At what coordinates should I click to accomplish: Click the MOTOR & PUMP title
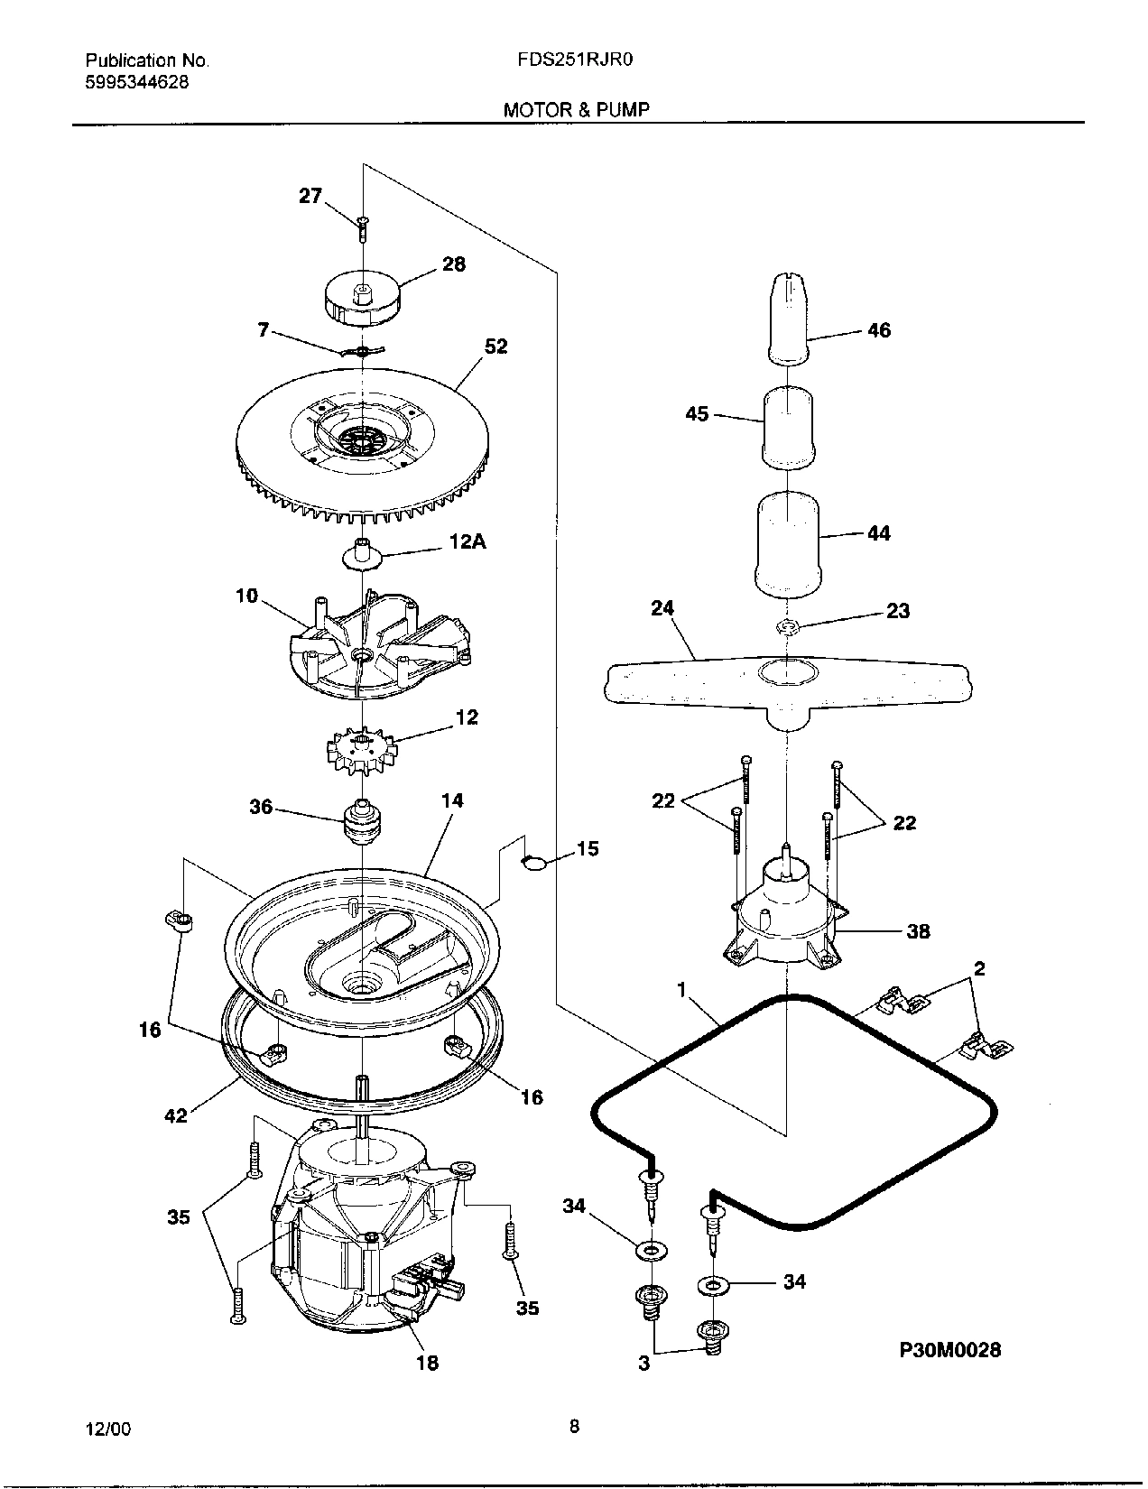tap(577, 110)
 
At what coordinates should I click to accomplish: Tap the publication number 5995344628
tap(137, 82)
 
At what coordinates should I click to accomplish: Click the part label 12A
tap(468, 542)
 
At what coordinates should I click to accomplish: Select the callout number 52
tap(495, 346)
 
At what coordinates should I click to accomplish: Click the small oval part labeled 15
tap(535, 862)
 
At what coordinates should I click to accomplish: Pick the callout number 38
tap(918, 930)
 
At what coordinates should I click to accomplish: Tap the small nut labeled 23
tap(787, 626)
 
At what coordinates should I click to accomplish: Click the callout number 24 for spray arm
tap(662, 608)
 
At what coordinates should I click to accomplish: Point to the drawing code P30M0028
tap(949, 1350)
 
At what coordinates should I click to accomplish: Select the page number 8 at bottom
tap(574, 1427)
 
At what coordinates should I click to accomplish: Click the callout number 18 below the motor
tap(427, 1362)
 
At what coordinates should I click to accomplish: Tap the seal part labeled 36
tap(364, 819)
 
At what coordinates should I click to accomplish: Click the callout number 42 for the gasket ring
tap(175, 1116)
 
